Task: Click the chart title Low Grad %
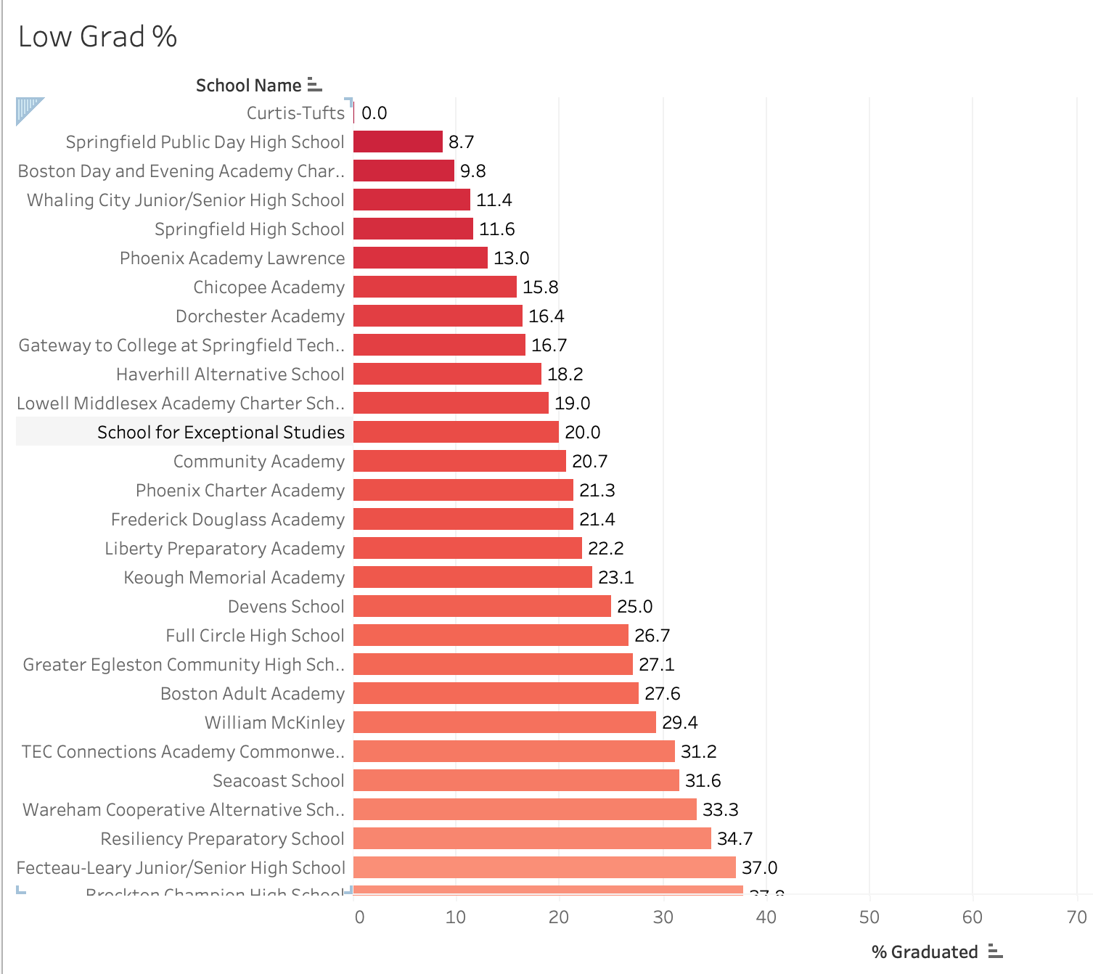tap(97, 37)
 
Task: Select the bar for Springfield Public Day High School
tap(398, 142)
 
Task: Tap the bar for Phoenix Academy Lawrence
tap(420, 258)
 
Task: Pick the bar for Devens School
tap(482, 606)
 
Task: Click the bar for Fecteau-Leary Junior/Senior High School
tap(544, 867)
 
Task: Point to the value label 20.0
tap(582, 433)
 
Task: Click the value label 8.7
tap(461, 142)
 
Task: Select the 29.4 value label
tap(679, 723)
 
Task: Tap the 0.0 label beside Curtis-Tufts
tap(374, 113)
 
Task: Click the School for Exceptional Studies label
tap(221, 433)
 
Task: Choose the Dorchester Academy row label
tap(260, 316)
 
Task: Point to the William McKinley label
tap(274, 723)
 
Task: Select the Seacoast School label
tap(278, 781)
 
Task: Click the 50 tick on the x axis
tap(869, 917)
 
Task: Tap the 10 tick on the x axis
tap(456, 917)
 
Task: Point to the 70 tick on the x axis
tap(1077, 917)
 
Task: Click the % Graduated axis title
tap(925, 952)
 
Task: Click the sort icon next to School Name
tap(314, 85)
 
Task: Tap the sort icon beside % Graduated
tap(995, 952)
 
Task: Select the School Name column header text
tap(248, 86)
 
